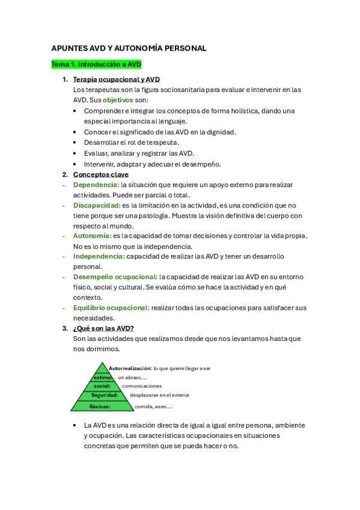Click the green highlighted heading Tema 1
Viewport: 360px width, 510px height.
pyautogui.click(x=96, y=64)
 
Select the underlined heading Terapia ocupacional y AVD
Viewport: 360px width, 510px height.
pyautogui.click(x=116, y=79)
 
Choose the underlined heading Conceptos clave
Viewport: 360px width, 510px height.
pyautogui.click(x=100, y=174)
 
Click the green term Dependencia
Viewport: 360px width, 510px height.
pyautogui.click(x=96, y=185)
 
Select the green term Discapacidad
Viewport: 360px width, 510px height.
pyautogui.click(x=97, y=205)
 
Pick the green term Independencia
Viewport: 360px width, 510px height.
pyautogui.click(x=99, y=256)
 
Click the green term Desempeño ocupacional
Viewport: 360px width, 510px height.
pyautogui.click(x=115, y=277)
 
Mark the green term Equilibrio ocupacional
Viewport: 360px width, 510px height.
pyautogui.click(x=111, y=307)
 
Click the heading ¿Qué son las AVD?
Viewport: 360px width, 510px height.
pyautogui.click(x=103, y=328)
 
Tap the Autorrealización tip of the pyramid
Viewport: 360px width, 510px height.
pyautogui.click(x=130, y=368)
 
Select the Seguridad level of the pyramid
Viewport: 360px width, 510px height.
pyautogui.click(x=104, y=395)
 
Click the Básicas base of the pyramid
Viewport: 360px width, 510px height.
pyautogui.click(x=100, y=407)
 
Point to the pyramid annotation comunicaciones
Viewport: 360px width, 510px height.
pyautogui.click(x=142, y=386)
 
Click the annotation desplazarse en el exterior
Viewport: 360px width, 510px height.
pyautogui.click(x=159, y=395)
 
